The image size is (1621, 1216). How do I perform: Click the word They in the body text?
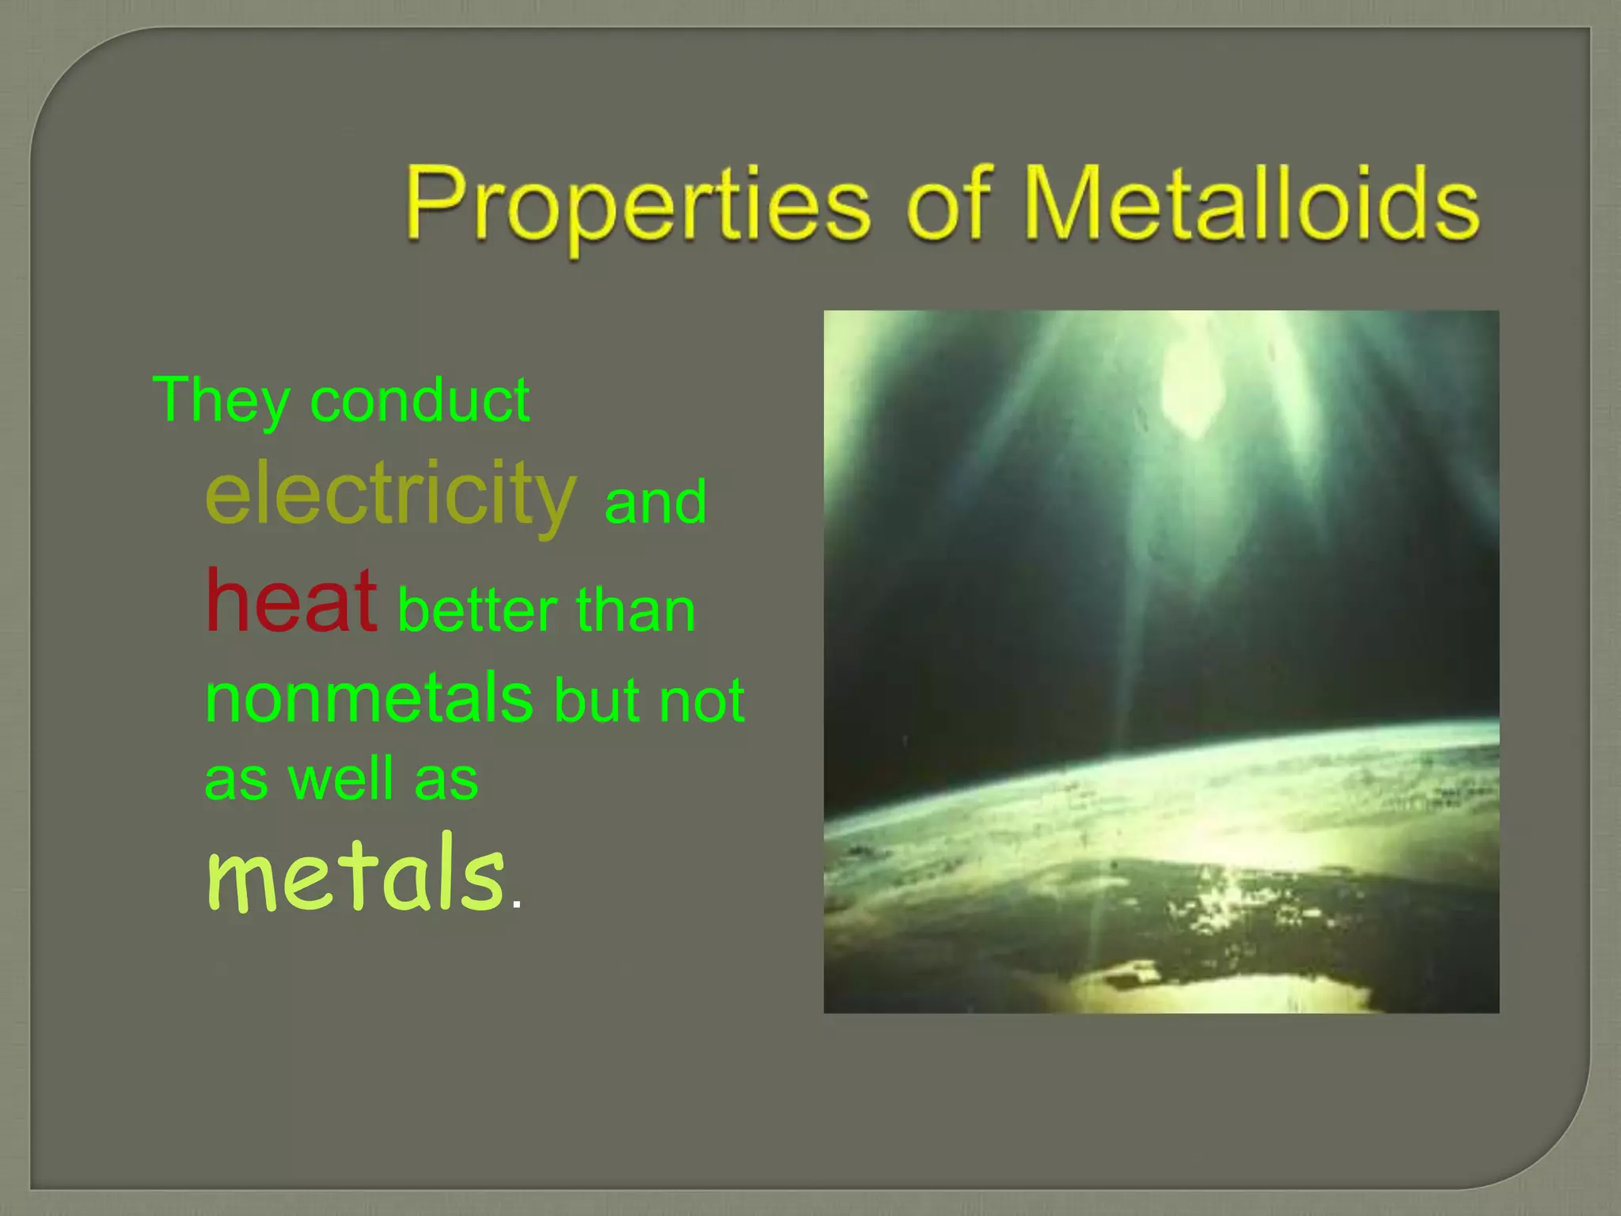click(x=221, y=401)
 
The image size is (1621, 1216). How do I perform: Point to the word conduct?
click(x=419, y=401)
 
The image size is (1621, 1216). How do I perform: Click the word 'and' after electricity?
click(x=655, y=503)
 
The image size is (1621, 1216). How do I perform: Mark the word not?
click(x=701, y=701)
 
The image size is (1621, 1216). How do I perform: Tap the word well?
click(x=340, y=779)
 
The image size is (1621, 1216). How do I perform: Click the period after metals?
click(x=517, y=904)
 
